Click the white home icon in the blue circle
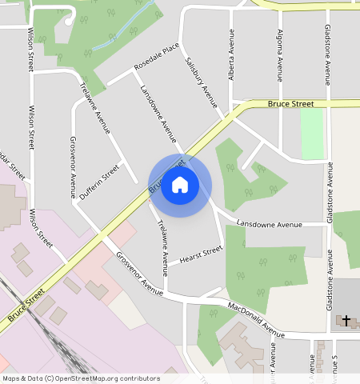180,186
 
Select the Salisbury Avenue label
201,82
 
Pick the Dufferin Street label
99,182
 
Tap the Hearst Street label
200,254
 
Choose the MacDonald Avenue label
256,319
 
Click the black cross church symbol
346,320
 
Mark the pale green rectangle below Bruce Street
312,133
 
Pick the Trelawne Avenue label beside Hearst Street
162,242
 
